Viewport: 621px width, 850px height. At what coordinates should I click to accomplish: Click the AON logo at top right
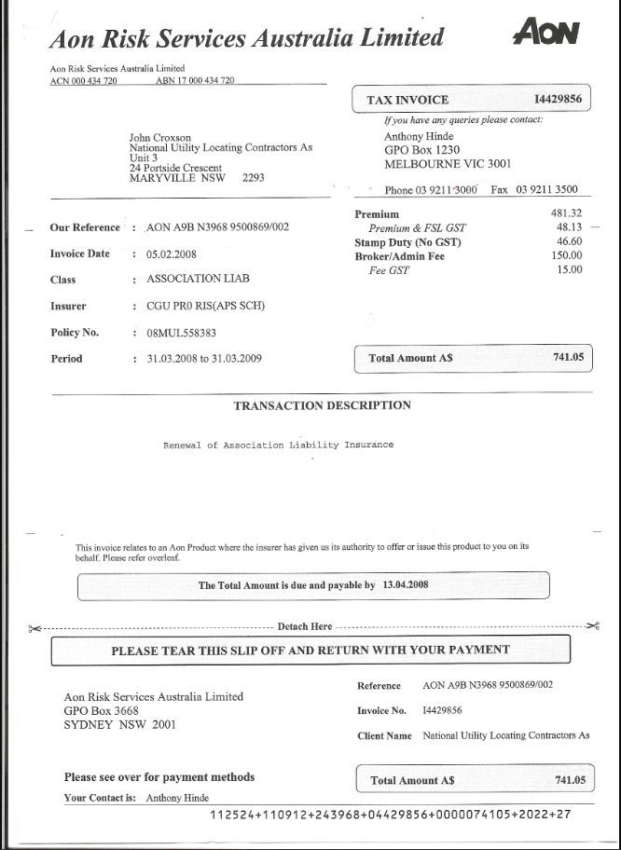tap(546, 34)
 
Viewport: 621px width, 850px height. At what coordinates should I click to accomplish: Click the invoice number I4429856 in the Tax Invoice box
tap(558, 100)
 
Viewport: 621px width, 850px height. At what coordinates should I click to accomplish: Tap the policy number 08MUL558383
tap(181, 333)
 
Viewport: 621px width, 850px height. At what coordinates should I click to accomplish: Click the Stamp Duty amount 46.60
tap(569, 241)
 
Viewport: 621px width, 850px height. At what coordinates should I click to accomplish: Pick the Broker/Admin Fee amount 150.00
tap(566, 255)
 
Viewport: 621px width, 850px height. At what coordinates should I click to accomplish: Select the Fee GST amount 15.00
tap(569, 269)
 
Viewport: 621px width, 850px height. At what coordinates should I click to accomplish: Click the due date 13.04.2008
tap(405, 585)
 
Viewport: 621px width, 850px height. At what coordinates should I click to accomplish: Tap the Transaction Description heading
tap(322, 405)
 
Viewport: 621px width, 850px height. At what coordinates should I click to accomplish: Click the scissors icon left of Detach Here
tap(35, 627)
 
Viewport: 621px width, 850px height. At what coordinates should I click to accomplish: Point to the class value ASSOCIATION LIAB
tap(198, 279)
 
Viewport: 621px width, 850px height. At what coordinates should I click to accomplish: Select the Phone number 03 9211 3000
tap(444, 190)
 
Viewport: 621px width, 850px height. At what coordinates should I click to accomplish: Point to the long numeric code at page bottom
tap(390, 815)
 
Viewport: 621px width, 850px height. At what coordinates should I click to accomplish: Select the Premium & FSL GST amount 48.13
tap(569, 227)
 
